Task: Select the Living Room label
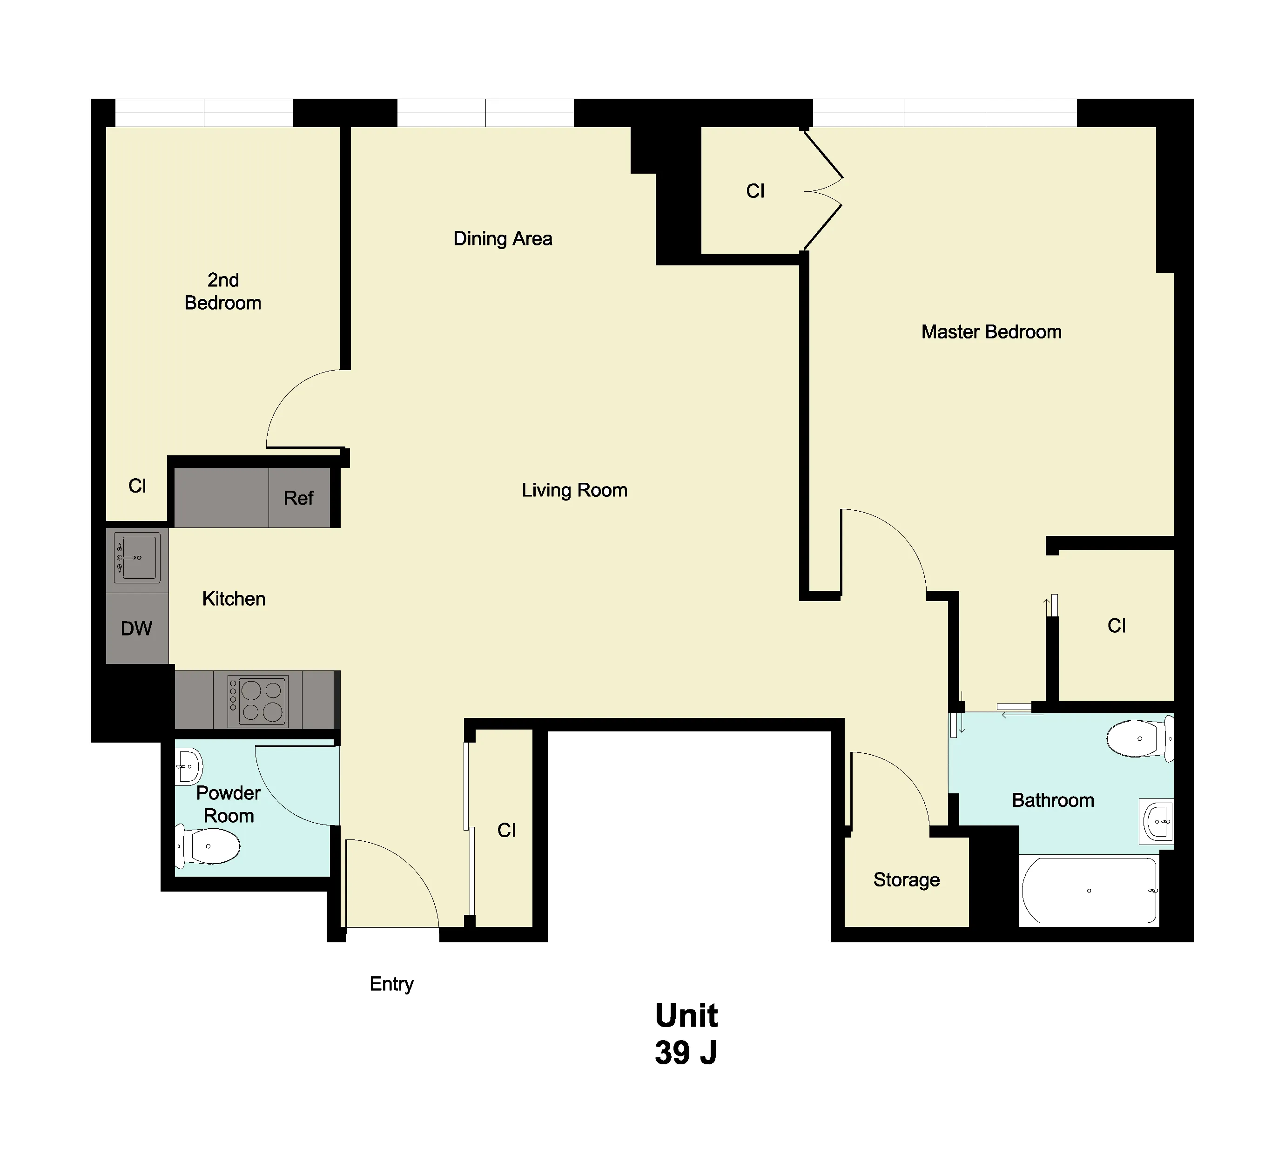[574, 490]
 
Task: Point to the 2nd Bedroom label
[223, 291]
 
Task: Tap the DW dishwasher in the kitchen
[136, 629]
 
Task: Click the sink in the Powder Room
[188, 766]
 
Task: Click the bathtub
[1089, 891]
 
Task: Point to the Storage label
[906, 880]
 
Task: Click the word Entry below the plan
[391, 984]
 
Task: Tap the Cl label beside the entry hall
[507, 830]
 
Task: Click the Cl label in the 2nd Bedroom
[137, 487]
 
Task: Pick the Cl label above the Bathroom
[1116, 626]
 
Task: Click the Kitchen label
[233, 599]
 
